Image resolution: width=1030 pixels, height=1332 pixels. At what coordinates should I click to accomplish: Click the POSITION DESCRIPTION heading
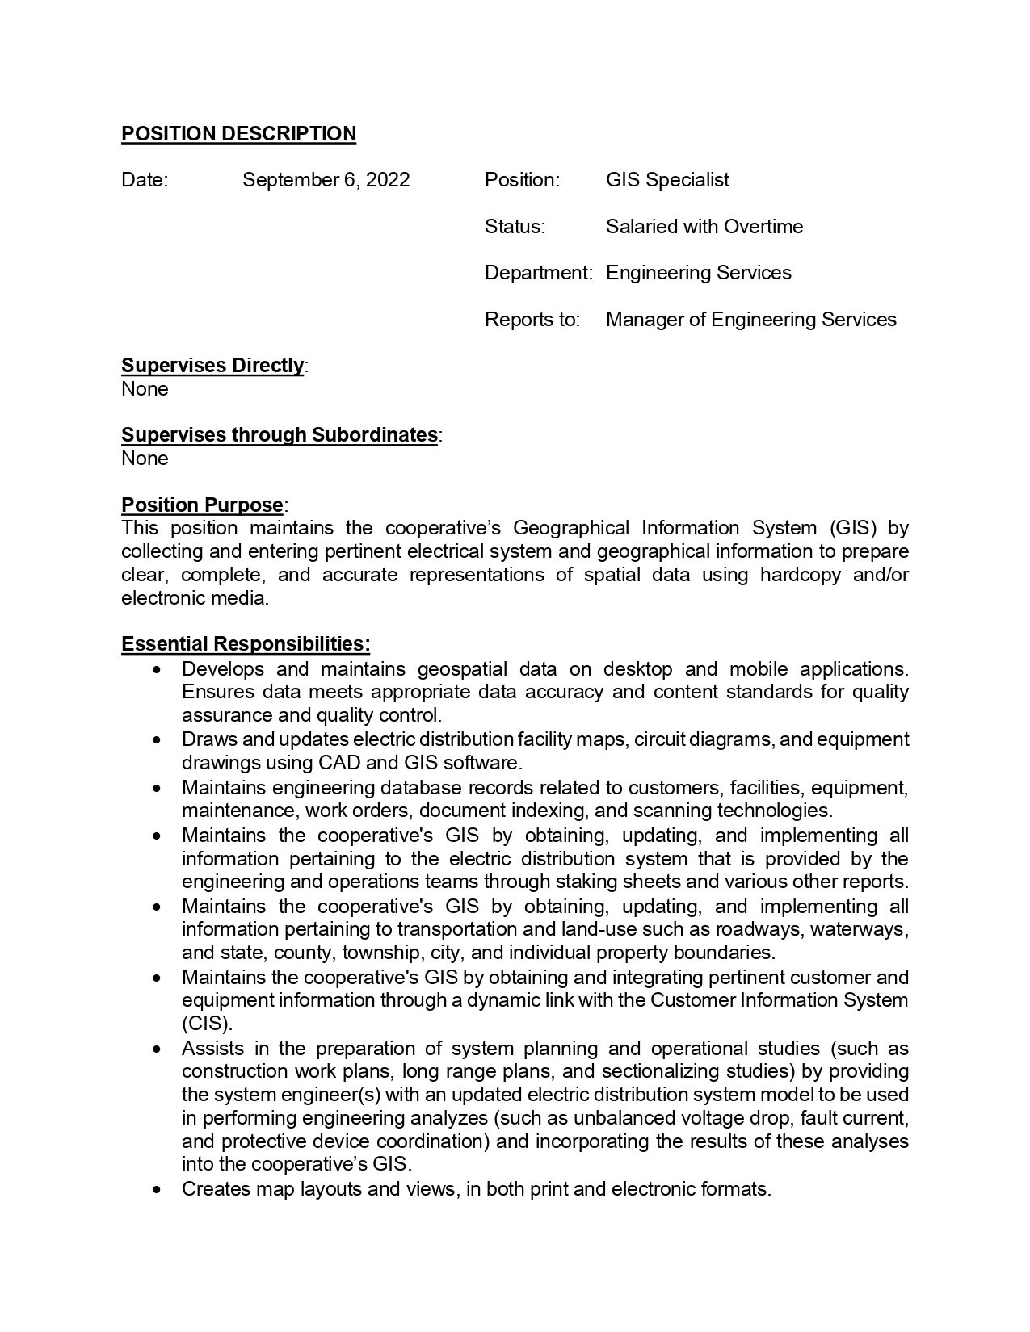[238, 134]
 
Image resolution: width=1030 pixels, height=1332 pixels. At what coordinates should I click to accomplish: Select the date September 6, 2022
[326, 180]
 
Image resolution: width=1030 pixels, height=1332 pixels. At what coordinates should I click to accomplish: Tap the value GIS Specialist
[667, 180]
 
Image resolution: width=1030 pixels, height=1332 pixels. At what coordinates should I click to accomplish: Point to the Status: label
[515, 227]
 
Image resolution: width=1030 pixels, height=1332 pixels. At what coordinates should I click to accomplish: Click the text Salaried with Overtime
[704, 227]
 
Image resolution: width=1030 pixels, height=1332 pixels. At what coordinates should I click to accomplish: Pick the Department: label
[538, 273]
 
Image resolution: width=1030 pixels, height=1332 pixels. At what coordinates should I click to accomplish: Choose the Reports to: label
[532, 320]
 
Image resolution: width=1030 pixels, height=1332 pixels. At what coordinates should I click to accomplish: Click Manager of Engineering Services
[750, 320]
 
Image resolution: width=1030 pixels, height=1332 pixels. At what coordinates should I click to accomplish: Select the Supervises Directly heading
[212, 366]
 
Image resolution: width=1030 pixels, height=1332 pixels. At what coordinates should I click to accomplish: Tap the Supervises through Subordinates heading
[280, 435]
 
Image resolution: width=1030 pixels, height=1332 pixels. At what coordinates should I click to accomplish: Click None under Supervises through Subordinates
[145, 459]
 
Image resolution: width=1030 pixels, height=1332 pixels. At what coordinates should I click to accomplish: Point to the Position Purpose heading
[202, 505]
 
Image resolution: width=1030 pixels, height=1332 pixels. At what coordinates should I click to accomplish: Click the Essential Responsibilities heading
[246, 644]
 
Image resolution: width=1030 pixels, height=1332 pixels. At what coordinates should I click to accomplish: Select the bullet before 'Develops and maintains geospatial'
[157, 670]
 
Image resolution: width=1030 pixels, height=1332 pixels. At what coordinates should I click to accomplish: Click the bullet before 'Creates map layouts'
[157, 1190]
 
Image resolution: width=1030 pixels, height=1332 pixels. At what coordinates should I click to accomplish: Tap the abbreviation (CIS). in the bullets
[207, 1024]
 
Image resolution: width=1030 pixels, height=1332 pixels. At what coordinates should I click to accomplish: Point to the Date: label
[145, 180]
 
